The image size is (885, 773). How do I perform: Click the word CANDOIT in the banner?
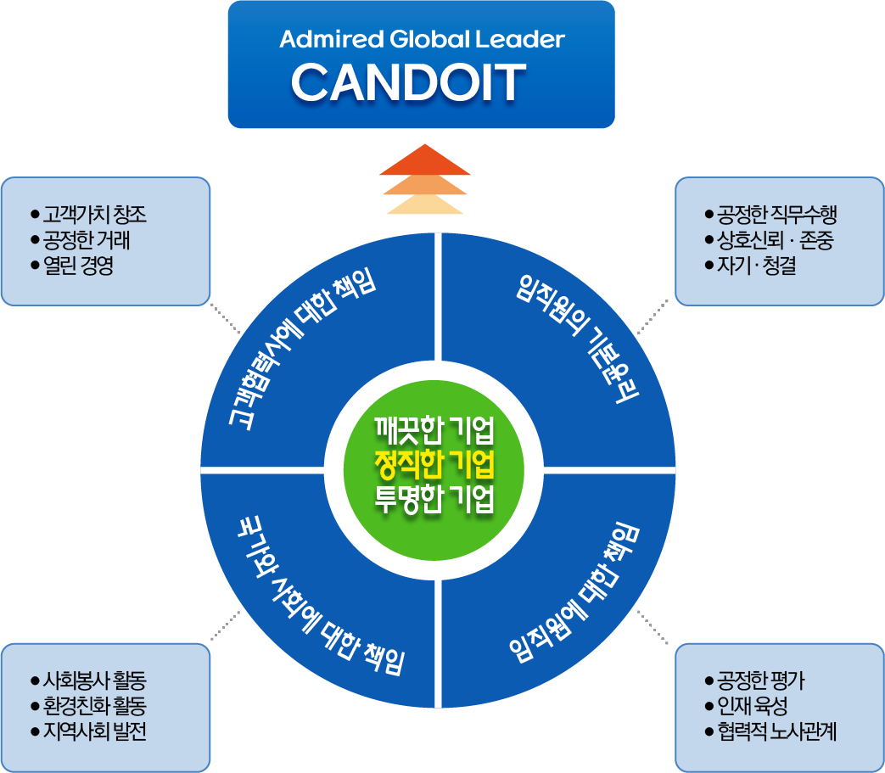pyautogui.click(x=408, y=82)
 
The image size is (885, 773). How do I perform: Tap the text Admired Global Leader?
pyautogui.click(x=422, y=39)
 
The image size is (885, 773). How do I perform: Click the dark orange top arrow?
pyautogui.click(x=424, y=160)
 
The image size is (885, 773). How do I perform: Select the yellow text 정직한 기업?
pyautogui.click(x=434, y=464)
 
